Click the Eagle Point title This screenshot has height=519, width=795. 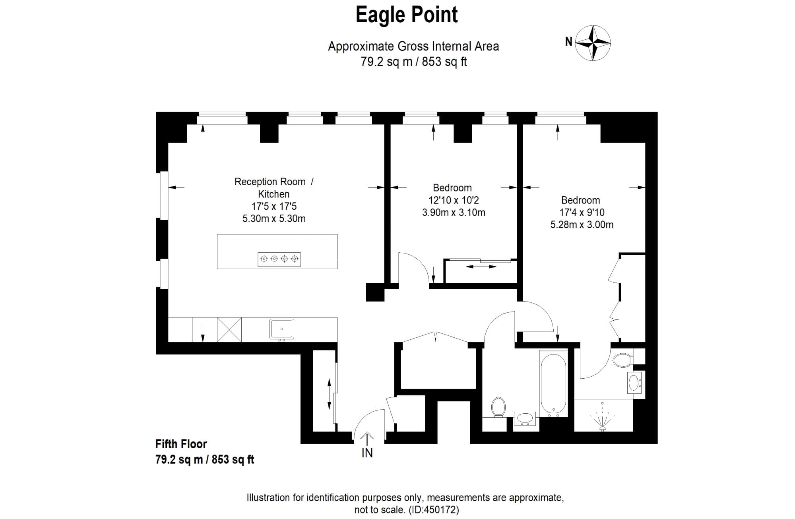[406, 15]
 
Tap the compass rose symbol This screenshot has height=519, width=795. [593, 43]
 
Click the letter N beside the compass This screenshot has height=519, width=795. [569, 41]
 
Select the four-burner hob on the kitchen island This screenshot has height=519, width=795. [279, 259]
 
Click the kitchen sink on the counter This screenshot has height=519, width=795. [282, 329]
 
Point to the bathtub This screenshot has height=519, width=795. [553, 383]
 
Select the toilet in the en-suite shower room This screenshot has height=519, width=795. [622, 360]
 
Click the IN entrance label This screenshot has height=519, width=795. [367, 453]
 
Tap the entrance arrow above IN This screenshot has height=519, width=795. [366, 439]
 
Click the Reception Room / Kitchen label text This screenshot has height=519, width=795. [274, 188]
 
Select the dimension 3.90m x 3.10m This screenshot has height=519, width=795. [454, 213]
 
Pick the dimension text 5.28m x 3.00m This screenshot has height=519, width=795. [582, 225]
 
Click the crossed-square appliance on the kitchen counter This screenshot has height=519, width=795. [229, 329]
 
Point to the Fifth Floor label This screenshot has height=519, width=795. [181, 444]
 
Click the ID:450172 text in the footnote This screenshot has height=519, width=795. [434, 510]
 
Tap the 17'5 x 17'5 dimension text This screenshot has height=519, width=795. [274, 206]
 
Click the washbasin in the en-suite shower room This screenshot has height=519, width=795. [633, 383]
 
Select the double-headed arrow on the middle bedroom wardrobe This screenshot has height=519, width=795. [481, 267]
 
